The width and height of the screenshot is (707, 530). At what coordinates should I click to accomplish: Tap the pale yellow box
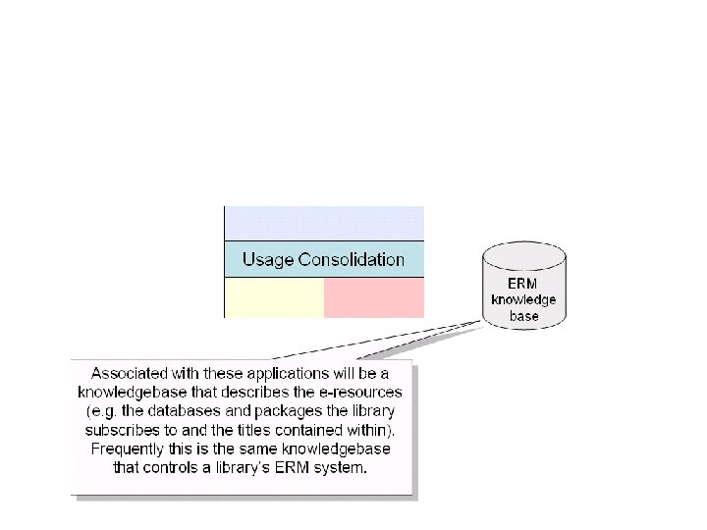(275, 298)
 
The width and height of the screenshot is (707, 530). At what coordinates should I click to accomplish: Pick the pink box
(374, 298)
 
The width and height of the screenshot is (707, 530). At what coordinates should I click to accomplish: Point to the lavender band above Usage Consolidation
(325, 223)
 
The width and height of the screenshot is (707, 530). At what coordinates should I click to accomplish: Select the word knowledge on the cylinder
(522, 300)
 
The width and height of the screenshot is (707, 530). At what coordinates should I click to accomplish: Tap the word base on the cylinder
(522, 316)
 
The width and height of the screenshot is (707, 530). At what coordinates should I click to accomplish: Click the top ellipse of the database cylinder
(523, 254)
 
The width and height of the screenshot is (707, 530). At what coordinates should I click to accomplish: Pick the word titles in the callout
(258, 430)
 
